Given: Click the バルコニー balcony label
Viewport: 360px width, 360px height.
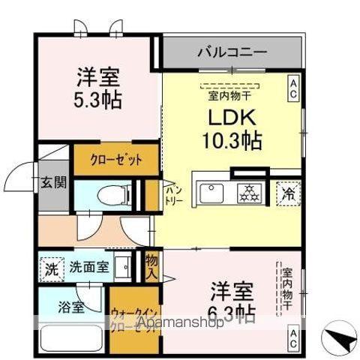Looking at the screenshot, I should click(x=232, y=52).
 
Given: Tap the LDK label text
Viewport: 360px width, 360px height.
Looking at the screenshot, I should click(x=230, y=119).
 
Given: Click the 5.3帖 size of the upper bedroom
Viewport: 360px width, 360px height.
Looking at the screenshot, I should click(x=98, y=98).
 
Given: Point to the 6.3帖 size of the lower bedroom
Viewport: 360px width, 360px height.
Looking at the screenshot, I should click(x=230, y=310).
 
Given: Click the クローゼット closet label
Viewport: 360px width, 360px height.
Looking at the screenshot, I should click(x=115, y=160).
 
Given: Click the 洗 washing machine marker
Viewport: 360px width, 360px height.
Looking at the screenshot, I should click(x=51, y=267).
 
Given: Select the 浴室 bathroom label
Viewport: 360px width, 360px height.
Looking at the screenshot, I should click(x=71, y=307).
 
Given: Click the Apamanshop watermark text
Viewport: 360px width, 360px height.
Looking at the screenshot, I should click(x=180, y=325).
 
